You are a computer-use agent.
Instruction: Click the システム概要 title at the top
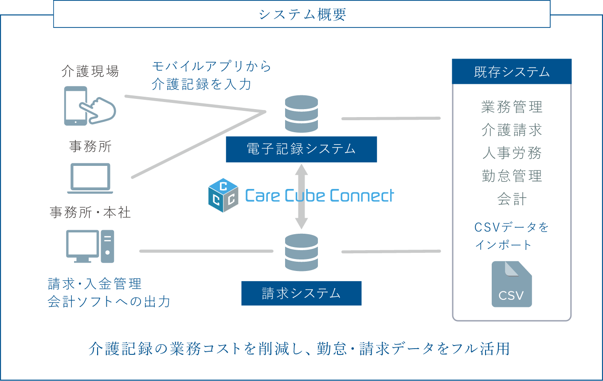point(302,15)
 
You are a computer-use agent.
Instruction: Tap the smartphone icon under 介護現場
point(89,106)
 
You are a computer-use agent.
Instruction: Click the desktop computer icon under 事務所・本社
point(90,246)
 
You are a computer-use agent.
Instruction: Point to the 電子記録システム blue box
point(301,149)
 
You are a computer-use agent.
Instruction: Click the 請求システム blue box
point(301,293)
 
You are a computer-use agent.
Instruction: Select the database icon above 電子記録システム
point(301,114)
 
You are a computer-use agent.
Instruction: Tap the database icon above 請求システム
point(301,252)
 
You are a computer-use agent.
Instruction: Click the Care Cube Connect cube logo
point(223,195)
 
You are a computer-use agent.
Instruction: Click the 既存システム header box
point(512,72)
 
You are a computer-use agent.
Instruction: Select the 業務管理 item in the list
point(512,107)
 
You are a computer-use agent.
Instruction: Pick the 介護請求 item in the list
point(512,130)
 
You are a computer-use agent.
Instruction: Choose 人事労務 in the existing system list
point(512,153)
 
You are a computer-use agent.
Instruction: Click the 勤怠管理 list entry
point(512,176)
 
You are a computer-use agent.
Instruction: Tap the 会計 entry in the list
point(512,199)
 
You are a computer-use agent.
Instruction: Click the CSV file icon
point(512,284)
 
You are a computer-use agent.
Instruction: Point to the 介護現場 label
point(90,71)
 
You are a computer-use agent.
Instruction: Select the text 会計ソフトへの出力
point(109,302)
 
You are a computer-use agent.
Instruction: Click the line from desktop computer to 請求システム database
point(206,251)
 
